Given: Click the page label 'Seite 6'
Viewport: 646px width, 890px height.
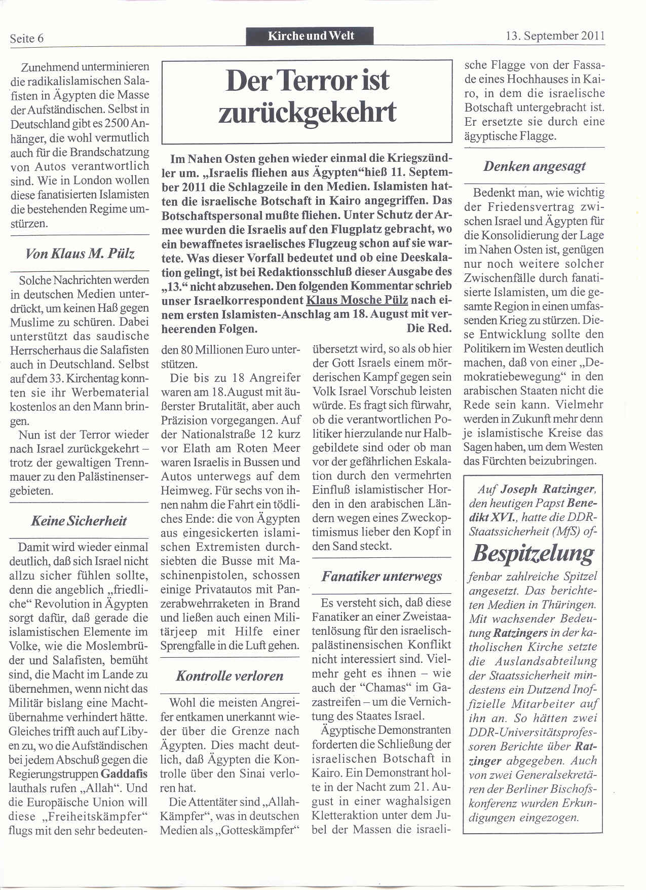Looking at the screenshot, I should [x=27, y=39].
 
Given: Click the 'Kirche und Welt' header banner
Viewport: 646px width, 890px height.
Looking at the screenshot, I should [x=310, y=36].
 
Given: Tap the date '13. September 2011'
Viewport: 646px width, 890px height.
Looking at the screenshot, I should [x=555, y=36].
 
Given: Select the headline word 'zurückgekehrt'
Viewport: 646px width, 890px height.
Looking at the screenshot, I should [x=307, y=112].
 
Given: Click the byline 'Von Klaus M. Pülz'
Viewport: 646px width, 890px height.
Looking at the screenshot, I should [x=80, y=254].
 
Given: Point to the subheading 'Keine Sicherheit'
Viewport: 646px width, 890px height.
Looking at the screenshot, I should [x=79, y=521].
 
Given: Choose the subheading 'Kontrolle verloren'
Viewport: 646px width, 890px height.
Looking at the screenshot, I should [x=230, y=675].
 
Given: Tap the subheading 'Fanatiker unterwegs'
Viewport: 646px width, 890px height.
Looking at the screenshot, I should [x=382, y=576].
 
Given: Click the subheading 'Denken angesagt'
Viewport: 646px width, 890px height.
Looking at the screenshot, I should [x=535, y=166].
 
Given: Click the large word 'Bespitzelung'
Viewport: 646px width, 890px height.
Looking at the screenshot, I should [x=533, y=553].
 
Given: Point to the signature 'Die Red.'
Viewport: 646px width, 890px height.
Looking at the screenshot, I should [x=429, y=328].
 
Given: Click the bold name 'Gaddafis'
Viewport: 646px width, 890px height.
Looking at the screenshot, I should [x=124, y=774].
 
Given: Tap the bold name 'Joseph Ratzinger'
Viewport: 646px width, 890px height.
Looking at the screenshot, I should [x=547, y=489].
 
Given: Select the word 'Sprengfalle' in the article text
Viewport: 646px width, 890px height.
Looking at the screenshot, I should [x=187, y=646].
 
